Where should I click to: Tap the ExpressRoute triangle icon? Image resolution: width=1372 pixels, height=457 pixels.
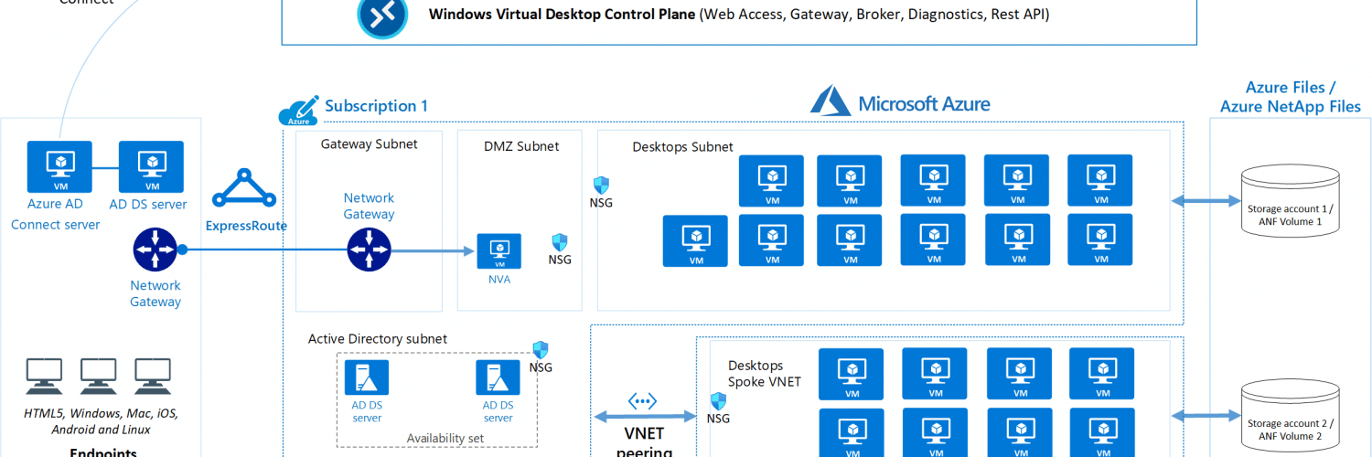pos(244,188)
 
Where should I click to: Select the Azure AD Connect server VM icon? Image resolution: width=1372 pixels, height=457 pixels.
pos(59,166)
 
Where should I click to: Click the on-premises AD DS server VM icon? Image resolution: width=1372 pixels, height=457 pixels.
pos(151,166)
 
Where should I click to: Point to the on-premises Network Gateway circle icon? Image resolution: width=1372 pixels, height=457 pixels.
pos(155,250)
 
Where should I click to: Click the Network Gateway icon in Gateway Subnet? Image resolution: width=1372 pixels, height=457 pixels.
pos(369,250)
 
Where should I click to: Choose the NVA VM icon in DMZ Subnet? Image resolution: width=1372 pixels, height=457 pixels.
pos(498,250)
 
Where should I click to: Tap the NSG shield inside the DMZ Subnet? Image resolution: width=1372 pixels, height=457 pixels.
pos(560,242)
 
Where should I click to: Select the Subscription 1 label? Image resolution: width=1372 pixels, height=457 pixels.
pos(376,106)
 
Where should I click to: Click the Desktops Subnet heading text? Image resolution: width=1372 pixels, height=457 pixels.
pos(682,146)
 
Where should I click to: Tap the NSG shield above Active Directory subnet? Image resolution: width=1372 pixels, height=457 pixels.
pos(541,350)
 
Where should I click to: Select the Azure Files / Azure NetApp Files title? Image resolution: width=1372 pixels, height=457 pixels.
pos(1291,97)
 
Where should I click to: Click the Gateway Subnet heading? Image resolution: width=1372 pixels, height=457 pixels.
pos(369,143)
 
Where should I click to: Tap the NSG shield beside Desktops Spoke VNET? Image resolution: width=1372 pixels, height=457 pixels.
pos(719,400)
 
